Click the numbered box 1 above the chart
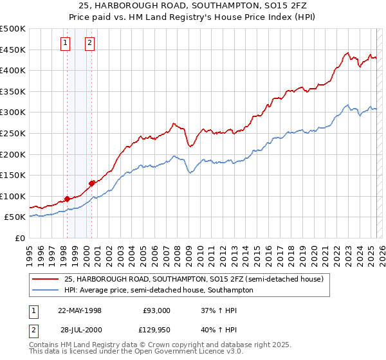tap(66, 44)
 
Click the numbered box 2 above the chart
tap(89, 44)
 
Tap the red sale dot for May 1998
tap(67, 199)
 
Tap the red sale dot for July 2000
tap(92, 183)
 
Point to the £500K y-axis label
tap(13, 29)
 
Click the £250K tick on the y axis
tap(13, 133)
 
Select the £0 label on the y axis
tap(20, 238)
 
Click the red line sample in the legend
tap(46, 279)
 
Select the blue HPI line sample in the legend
tap(46, 290)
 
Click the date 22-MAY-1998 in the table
tap(80, 310)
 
